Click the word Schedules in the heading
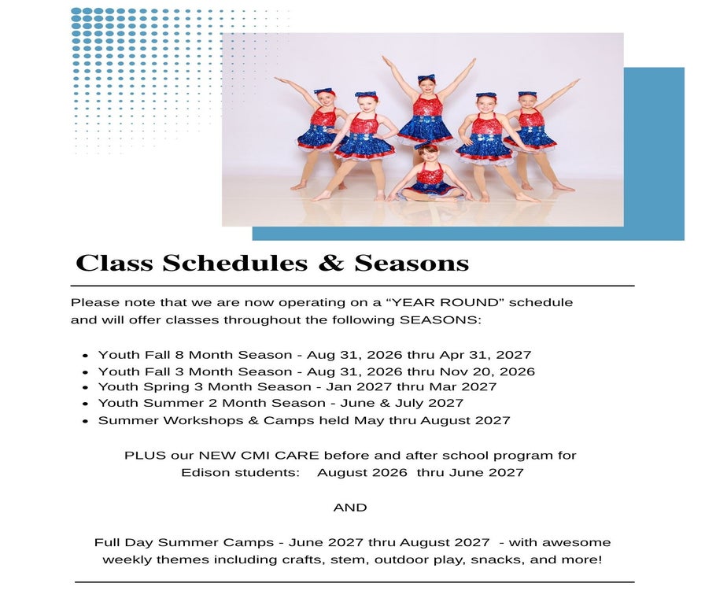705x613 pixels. pyautogui.click(x=234, y=263)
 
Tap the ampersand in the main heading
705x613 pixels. pyautogui.click(x=331, y=263)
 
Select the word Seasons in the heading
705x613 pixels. pyautogui.click(x=412, y=263)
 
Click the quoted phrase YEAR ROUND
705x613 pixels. pyautogui.click(x=445, y=302)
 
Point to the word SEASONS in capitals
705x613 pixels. pyautogui.click(x=440, y=319)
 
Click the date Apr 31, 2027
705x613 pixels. pyautogui.click(x=485, y=355)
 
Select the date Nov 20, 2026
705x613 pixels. pyautogui.click(x=487, y=371)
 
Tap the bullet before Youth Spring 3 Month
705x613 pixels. pyautogui.click(x=86, y=388)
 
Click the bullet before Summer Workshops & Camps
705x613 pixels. pyautogui.click(x=86, y=422)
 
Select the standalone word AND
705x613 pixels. pyautogui.click(x=350, y=508)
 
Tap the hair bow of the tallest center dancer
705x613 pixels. pyautogui.click(x=426, y=77)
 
